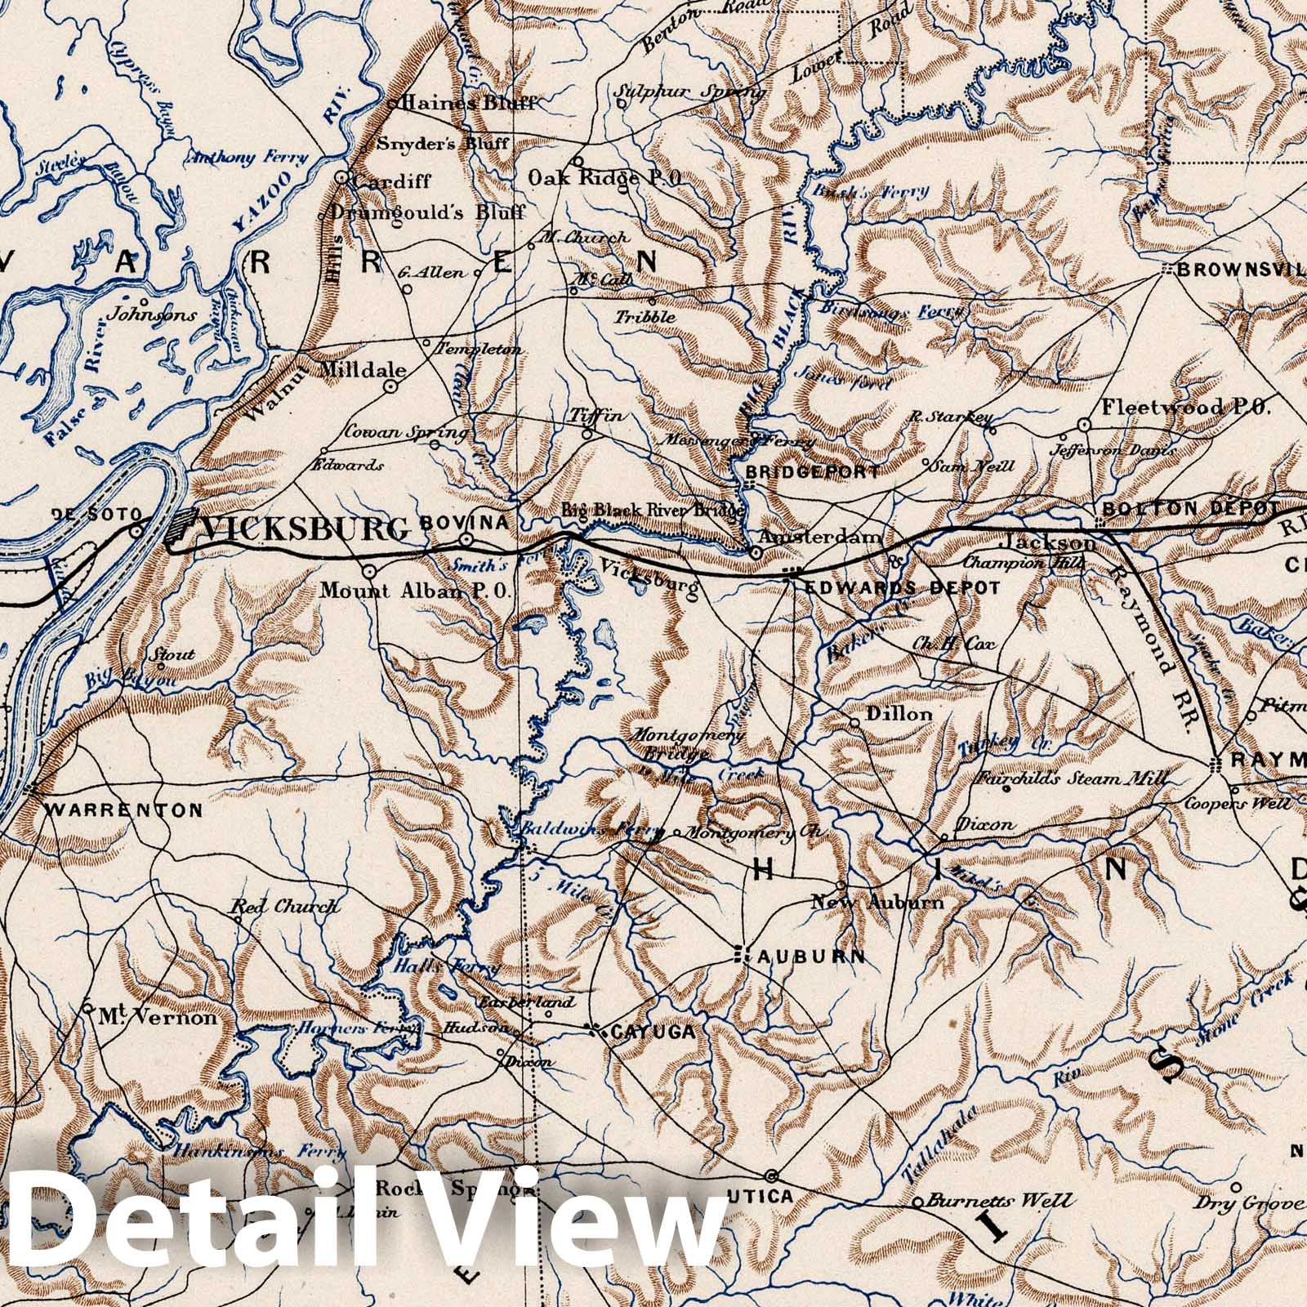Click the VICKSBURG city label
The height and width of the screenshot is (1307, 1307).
pyautogui.click(x=304, y=530)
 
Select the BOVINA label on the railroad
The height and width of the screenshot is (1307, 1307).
pyautogui.click(x=464, y=522)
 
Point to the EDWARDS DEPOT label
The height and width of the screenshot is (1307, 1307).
pyautogui.click(x=903, y=588)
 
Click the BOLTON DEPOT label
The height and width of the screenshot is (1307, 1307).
pyautogui.click(x=1189, y=508)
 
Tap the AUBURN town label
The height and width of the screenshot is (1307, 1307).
pyautogui.click(x=811, y=957)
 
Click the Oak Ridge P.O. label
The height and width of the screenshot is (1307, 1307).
pyautogui.click(x=605, y=177)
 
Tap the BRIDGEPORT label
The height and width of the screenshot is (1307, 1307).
pyautogui.click(x=813, y=471)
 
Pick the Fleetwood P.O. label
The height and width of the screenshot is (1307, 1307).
pyautogui.click(x=1186, y=407)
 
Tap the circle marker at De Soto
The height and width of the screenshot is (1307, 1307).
pyautogui.click(x=137, y=530)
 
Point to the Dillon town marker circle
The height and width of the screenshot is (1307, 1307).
pyautogui.click(x=854, y=723)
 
